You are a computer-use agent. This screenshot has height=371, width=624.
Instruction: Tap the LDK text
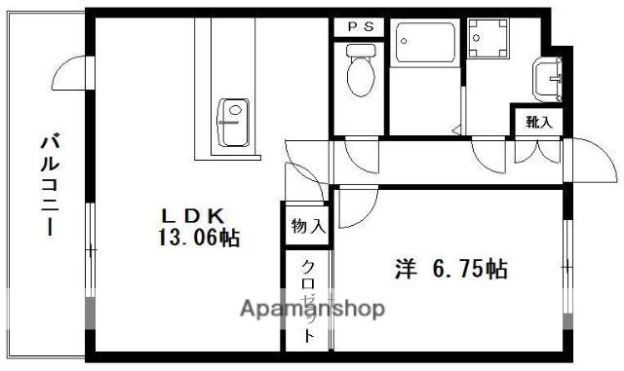[x=194, y=215]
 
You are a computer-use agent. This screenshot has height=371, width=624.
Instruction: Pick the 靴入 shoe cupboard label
[x=538, y=123]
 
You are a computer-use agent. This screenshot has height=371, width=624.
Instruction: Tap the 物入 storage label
[x=308, y=227]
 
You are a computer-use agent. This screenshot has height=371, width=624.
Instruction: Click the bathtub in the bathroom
[x=425, y=44]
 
